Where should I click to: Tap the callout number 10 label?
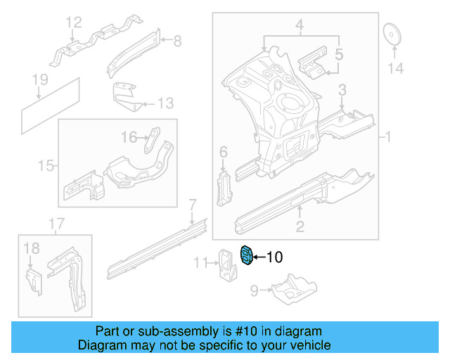pyautogui.click(x=274, y=258)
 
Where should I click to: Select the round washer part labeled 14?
pyautogui.click(x=391, y=35)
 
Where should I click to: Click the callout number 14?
pyautogui.click(x=396, y=68)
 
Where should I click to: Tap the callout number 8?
pyautogui.click(x=176, y=41)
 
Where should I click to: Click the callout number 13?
pyautogui.click(x=164, y=104)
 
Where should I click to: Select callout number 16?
pyautogui.click(x=129, y=136)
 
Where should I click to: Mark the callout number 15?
pyautogui.click(x=46, y=166)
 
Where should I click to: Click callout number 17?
pyautogui.click(x=56, y=224)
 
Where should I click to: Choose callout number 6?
pyautogui.click(x=224, y=152)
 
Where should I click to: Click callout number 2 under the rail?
pyautogui.click(x=300, y=226)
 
